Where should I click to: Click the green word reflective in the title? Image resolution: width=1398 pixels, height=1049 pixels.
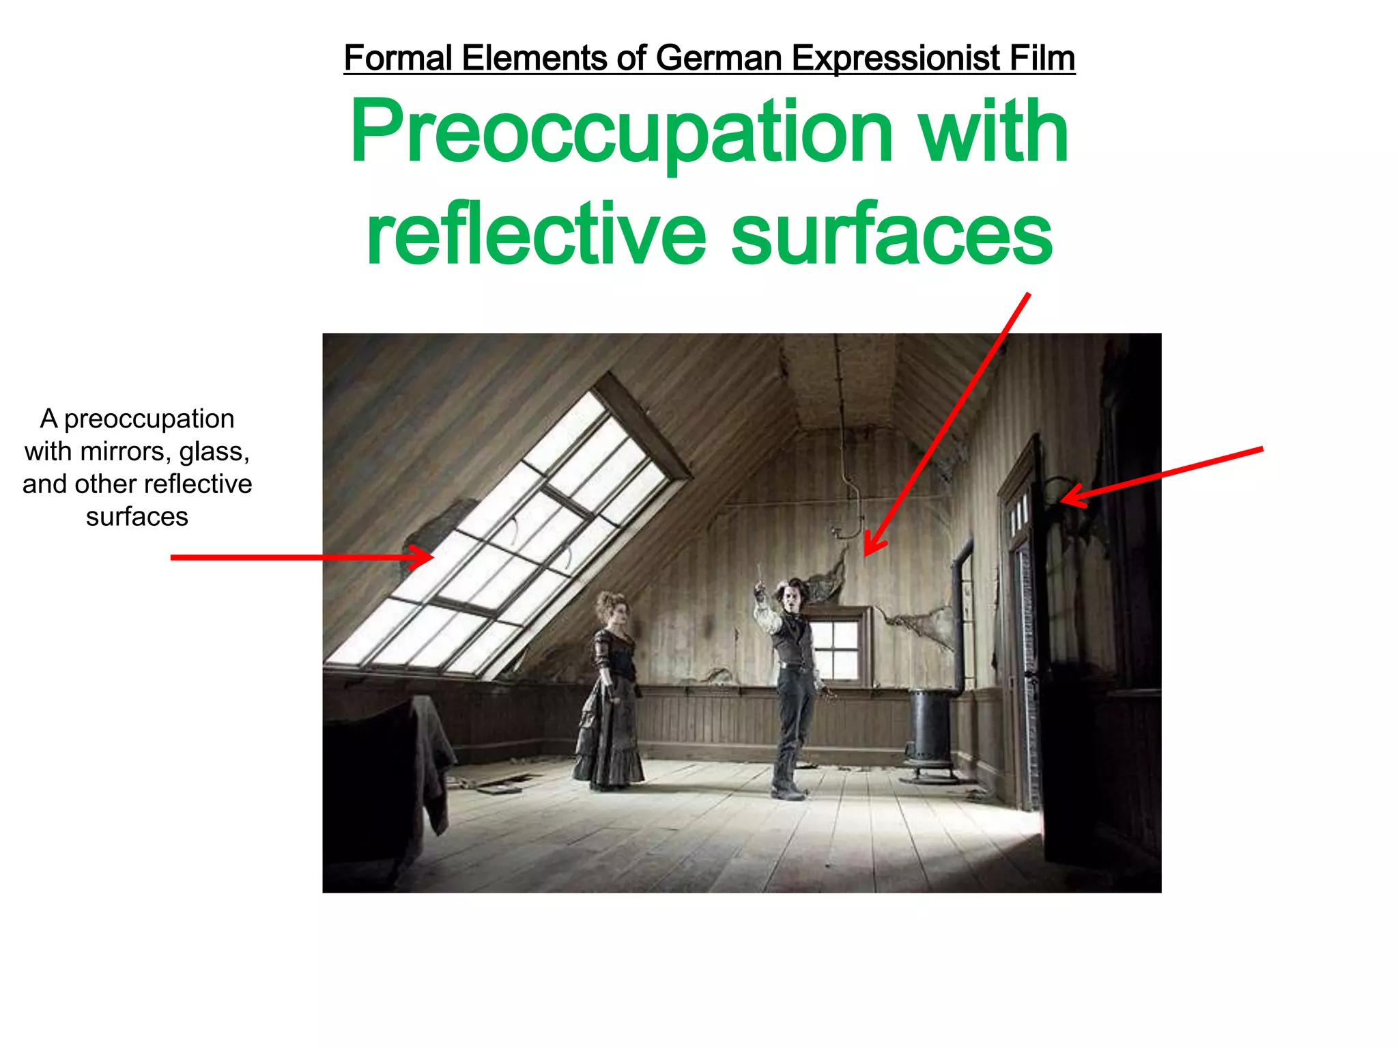[536, 235]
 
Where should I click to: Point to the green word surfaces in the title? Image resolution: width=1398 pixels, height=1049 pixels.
[891, 235]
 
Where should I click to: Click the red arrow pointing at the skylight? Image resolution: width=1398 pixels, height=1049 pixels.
[300, 557]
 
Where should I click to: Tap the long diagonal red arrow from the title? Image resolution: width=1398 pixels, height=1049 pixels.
[949, 423]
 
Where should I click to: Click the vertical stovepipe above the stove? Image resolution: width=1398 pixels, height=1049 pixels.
[961, 615]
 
